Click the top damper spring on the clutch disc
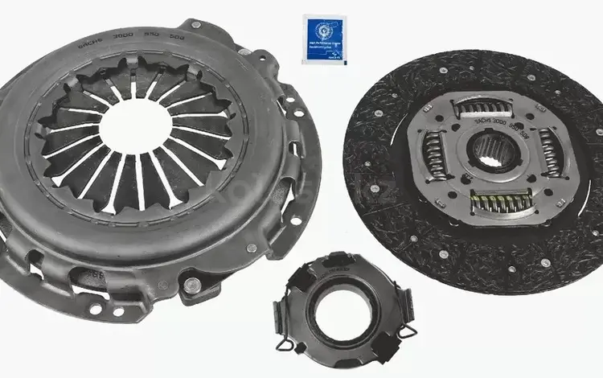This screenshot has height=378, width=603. click(x=485, y=107)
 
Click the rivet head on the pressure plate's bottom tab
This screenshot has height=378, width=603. click(x=191, y=285)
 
